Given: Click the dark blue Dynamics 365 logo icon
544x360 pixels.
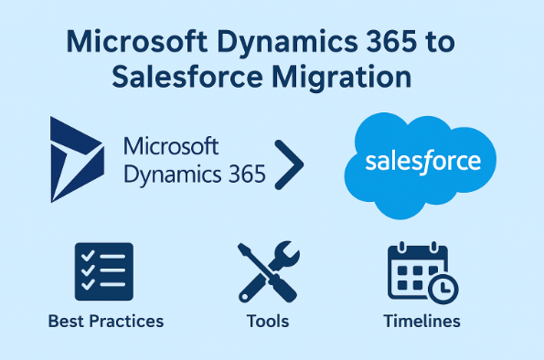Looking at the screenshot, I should [x=80, y=160].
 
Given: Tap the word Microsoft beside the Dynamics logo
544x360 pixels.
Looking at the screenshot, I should [x=170, y=147].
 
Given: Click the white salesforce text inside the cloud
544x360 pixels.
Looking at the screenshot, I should [x=422, y=162].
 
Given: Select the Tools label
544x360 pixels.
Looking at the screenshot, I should [x=267, y=321].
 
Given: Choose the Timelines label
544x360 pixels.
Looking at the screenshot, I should [x=421, y=321].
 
